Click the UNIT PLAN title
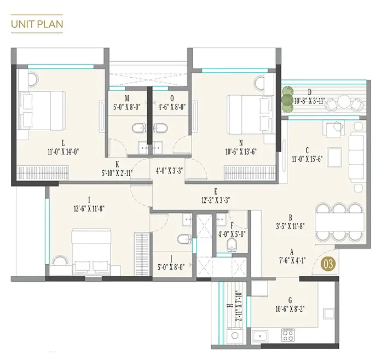[x=37, y=24]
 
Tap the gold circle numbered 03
[x=328, y=264]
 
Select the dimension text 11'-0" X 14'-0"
[x=63, y=152]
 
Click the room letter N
[x=241, y=143]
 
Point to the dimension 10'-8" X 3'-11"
[x=310, y=101]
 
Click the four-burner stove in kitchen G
[x=288, y=335]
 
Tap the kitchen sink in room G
[x=260, y=336]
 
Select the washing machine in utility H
[x=235, y=335]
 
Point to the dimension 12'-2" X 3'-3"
[x=216, y=200]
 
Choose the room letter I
[x=89, y=200]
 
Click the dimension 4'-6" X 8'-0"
[x=172, y=107]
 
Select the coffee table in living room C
[x=334, y=156]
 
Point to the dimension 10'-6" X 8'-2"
[x=290, y=309]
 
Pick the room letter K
[x=117, y=164]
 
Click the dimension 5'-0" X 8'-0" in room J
[x=171, y=267]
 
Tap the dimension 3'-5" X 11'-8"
[x=290, y=227]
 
